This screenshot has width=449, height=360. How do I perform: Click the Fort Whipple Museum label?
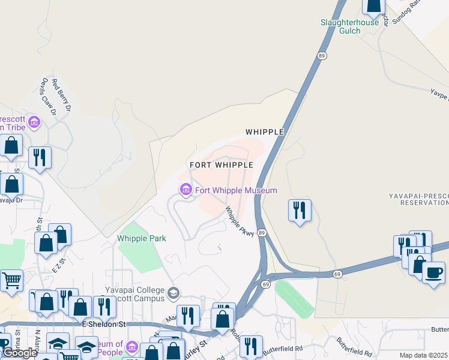coord(236,191)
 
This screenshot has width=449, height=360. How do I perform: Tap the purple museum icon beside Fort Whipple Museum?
coord(185,191)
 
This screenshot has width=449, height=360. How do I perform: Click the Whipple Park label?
coord(141,238)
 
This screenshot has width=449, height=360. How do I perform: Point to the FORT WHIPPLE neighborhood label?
coord(221,164)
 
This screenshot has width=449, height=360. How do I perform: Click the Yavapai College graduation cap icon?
coord(173,293)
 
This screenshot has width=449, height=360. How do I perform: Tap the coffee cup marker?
coord(433,272)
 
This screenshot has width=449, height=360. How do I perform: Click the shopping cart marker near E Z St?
coord(11,280)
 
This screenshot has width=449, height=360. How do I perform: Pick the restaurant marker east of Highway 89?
coord(300,210)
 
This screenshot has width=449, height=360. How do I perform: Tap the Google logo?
coord(19,353)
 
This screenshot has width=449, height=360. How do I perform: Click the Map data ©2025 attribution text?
coord(424,355)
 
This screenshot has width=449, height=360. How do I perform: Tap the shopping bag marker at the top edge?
coord(373,6)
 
